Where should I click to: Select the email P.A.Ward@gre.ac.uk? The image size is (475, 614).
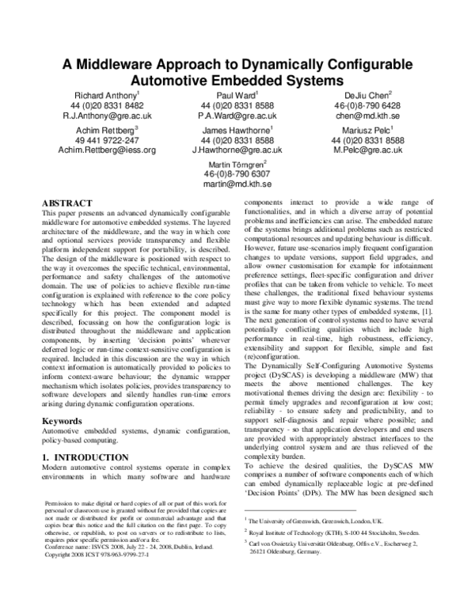[x=237, y=115]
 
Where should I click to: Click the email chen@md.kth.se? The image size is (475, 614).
[x=356, y=115]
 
